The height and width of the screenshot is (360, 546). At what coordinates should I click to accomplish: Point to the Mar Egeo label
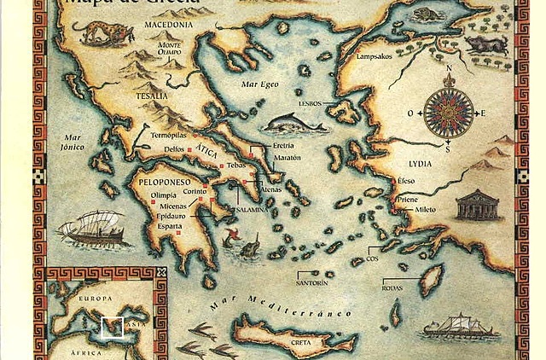click(x=260, y=85)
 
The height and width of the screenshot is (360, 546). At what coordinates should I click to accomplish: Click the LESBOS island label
click(x=311, y=103)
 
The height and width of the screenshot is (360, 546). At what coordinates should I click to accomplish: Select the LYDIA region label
click(x=420, y=163)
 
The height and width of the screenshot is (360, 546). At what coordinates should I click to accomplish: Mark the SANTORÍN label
click(x=311, y=282)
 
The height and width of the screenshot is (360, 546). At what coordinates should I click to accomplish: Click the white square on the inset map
click(x=112, y=328)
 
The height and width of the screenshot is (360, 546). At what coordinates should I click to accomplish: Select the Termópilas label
click(x=167, y=135)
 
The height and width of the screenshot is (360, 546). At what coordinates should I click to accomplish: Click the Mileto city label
click(x=424, y=209)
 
